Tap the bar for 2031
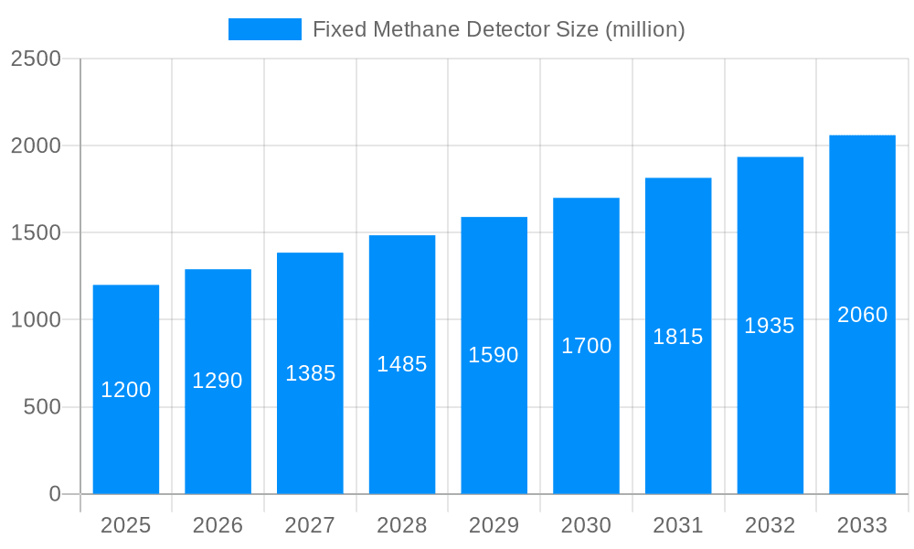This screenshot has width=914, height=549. (678, 412)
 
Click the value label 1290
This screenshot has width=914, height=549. (218, 381)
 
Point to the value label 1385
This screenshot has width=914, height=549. (311, 373)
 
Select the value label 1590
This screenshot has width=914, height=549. (494, 355)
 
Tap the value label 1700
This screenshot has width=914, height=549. (586, 346)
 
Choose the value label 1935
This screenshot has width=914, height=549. (770, 326)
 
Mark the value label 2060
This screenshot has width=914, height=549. (862, 315)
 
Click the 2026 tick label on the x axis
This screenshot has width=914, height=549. (218, 525)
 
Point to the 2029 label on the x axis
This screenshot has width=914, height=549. (494, 525)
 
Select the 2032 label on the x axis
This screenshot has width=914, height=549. (770, 525)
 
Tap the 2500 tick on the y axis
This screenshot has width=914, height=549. (35, 59)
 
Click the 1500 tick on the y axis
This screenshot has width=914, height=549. (35, 232)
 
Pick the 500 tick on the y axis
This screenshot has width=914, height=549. (41, 407)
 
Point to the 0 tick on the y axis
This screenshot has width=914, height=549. (55, 494)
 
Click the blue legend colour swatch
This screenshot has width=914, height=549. (264, 29)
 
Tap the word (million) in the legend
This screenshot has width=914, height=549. (645, 29)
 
